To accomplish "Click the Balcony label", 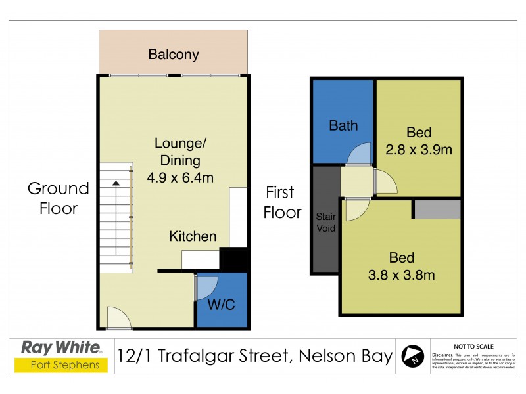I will click(174, 55).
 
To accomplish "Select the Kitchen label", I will click(193, 236).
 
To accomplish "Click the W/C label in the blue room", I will click(222, 306).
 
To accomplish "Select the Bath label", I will click(343, 125).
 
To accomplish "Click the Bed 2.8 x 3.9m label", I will click(419, 140).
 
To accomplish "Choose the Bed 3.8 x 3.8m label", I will click(401, 266).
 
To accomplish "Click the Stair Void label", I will click(326, 222).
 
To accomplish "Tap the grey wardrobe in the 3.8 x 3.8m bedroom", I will click(437, 209).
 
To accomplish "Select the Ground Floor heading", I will click(58, 198).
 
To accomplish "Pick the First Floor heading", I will click(283, 202).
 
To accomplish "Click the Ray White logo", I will click(61, 347).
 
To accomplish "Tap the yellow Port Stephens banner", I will click(61, 365).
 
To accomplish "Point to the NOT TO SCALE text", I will click(475, 345).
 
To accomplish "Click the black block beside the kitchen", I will click(233, 258).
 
